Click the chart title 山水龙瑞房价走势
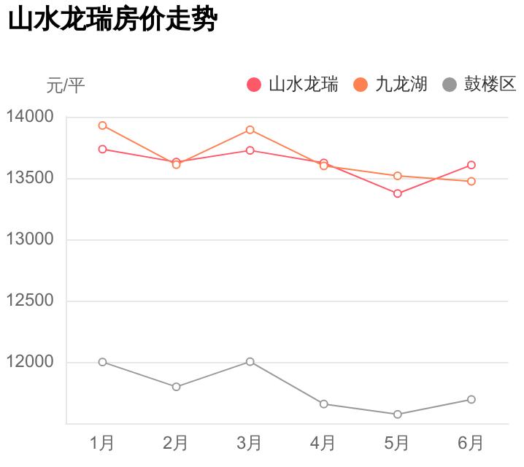pos(112,20)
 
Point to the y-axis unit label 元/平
pos(66,85)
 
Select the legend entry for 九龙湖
pos(390,85)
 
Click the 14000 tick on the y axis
pos(30,117)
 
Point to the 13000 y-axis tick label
pos(30,239)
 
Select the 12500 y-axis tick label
pos(30,301)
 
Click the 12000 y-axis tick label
pos(30,362)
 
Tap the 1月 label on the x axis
pos(102,443)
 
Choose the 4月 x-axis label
pos(323,443)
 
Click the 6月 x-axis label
pos(471,443)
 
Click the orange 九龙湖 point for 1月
pos(103,126)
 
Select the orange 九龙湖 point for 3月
pos(250,130)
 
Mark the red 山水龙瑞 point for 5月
pos(398,193)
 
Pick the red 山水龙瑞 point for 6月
pos(471,165)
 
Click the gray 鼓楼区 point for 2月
pos(177,387)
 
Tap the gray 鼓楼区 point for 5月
pos(398,414)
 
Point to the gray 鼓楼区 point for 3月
pos(250,362)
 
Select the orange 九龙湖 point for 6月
pos(471,181)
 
